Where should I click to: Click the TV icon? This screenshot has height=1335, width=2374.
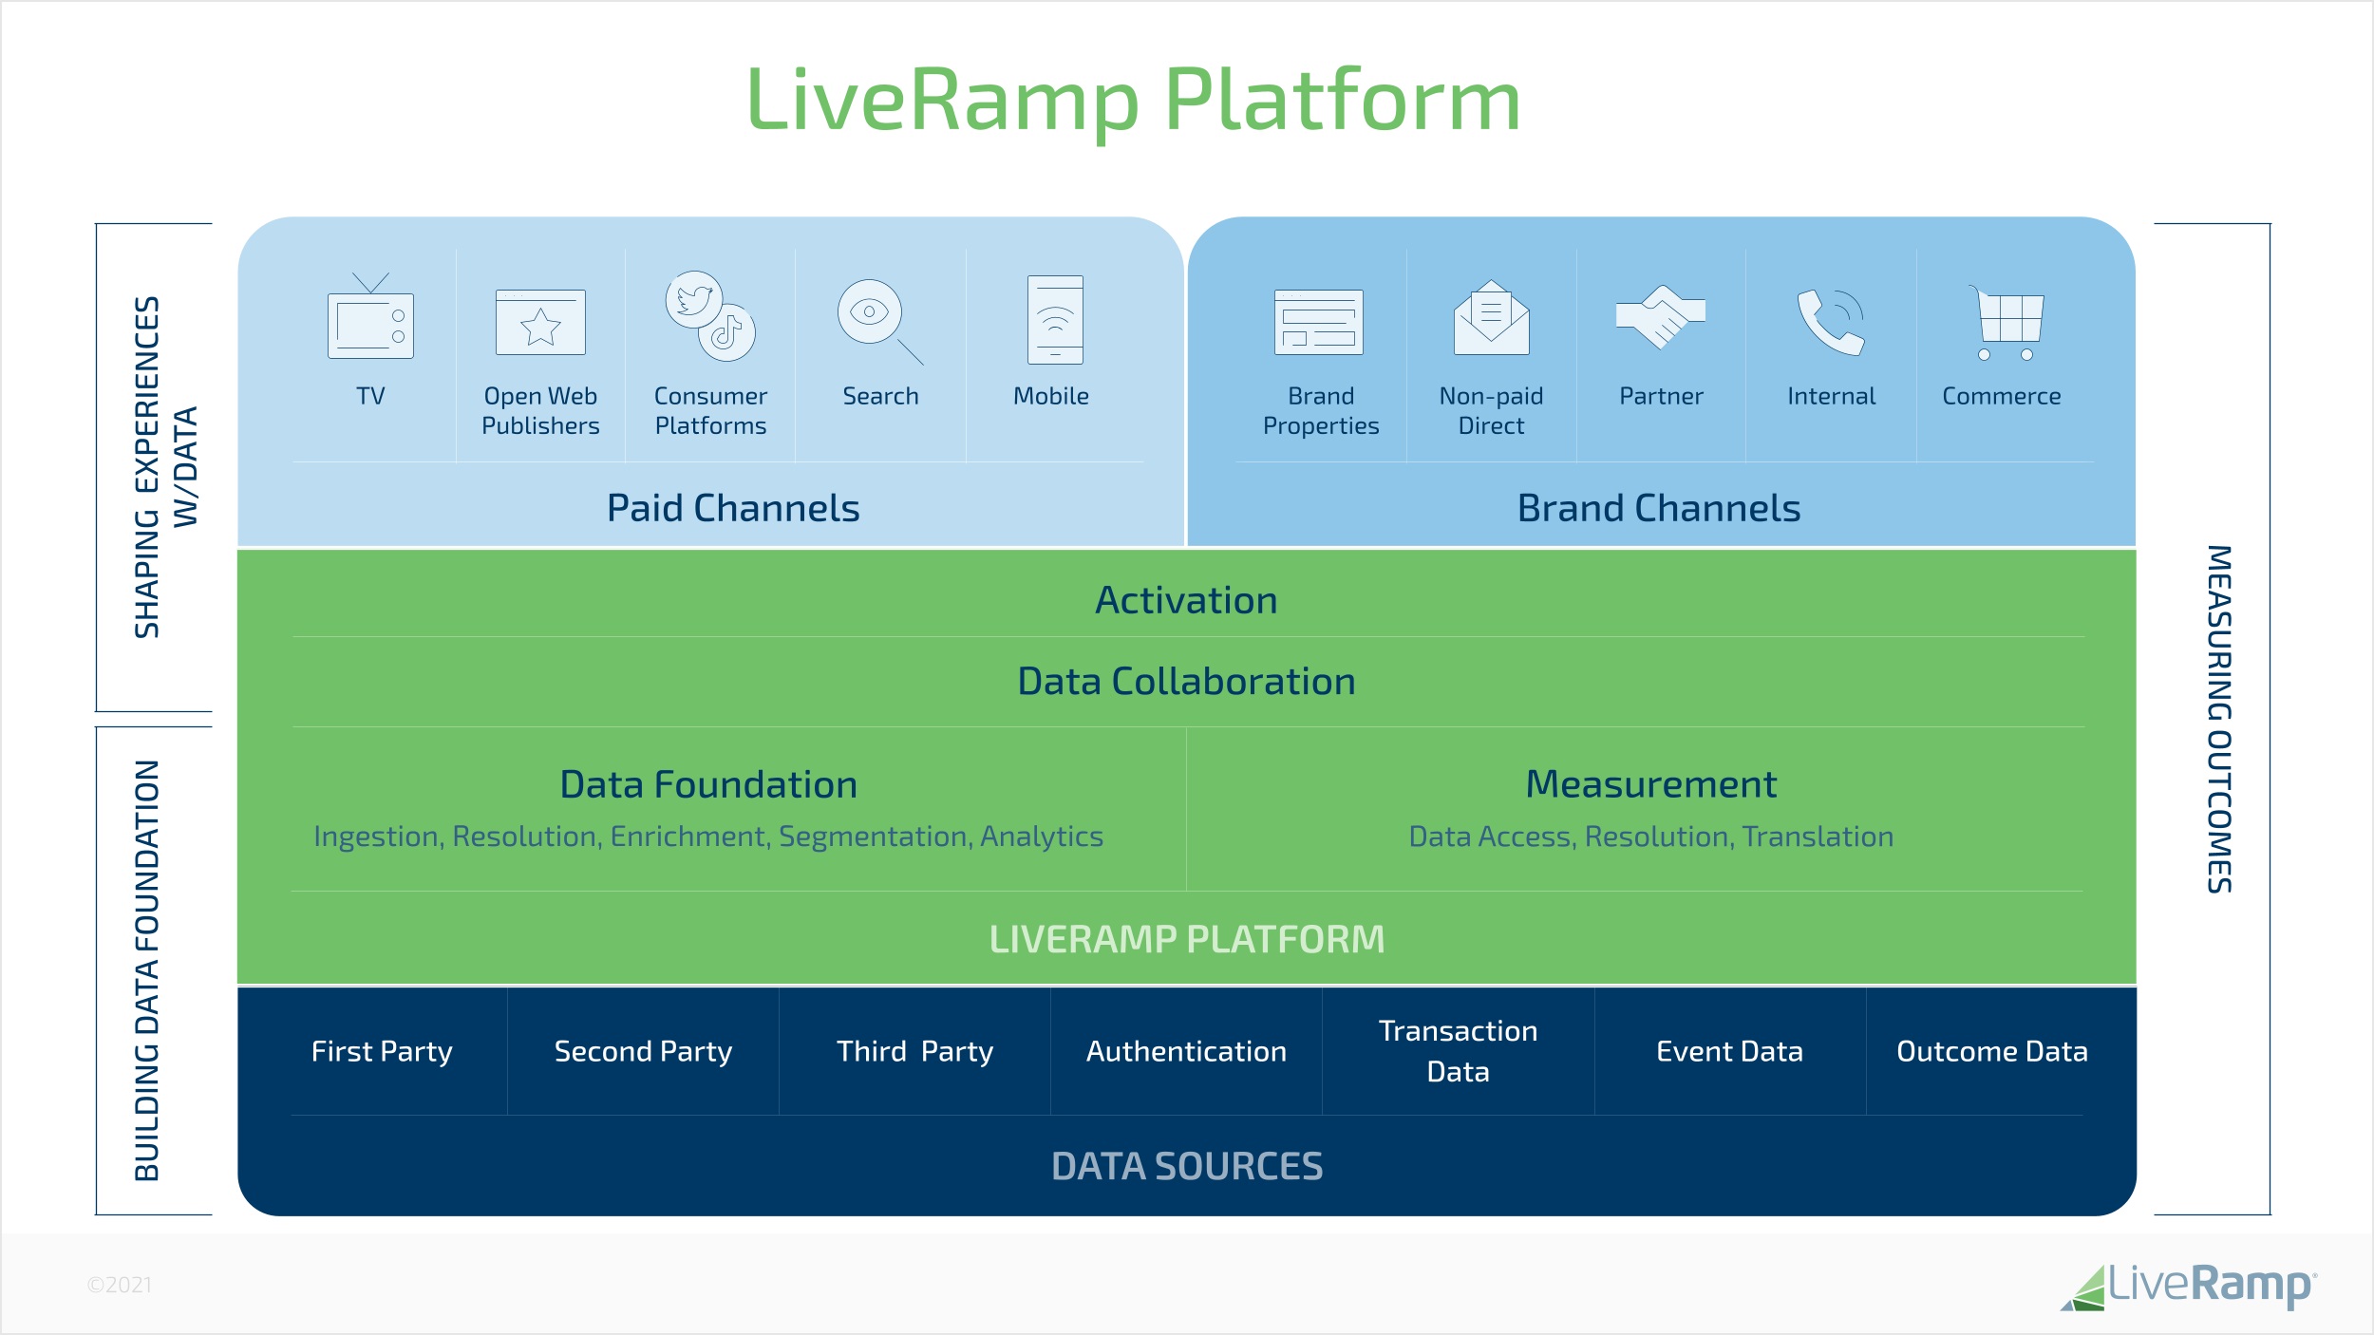point(370,323)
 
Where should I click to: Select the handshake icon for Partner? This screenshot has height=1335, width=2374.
point(1661,317)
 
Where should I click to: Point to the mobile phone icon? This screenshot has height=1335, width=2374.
point(1055,320)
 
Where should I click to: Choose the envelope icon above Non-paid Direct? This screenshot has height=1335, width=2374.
point(1491,318)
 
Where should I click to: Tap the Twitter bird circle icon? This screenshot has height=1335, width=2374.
point(693,300)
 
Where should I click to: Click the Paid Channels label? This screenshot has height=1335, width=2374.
point(733,509)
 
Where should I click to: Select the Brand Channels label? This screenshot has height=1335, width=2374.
point(1658,509)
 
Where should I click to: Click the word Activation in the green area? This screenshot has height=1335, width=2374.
point(1186,601)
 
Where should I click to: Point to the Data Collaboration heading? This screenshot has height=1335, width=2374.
point(1186,682)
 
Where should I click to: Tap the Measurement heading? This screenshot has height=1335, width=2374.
point(1650,784)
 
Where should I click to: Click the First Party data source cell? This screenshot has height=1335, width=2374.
point(382,1052)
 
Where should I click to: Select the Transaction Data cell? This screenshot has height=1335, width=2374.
point(1458,1051)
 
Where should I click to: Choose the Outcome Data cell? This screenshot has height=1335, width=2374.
point(1991,1052)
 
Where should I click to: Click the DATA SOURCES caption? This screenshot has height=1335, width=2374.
point(1186,1166)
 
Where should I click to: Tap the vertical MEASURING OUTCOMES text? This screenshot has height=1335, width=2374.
point(2219,719)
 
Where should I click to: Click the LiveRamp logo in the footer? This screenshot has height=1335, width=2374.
point(2189,1286)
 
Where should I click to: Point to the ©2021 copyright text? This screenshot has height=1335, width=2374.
point(120,1285)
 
